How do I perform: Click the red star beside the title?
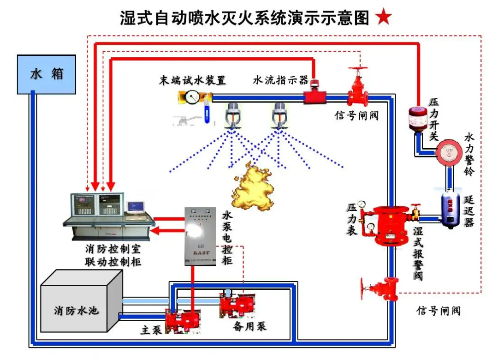point(384,18)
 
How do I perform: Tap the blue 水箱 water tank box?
point(46,74)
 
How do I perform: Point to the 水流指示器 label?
point(280,80)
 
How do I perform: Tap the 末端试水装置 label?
point(193,80)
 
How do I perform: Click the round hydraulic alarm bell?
point(448,152)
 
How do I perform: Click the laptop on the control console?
point(136,209)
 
